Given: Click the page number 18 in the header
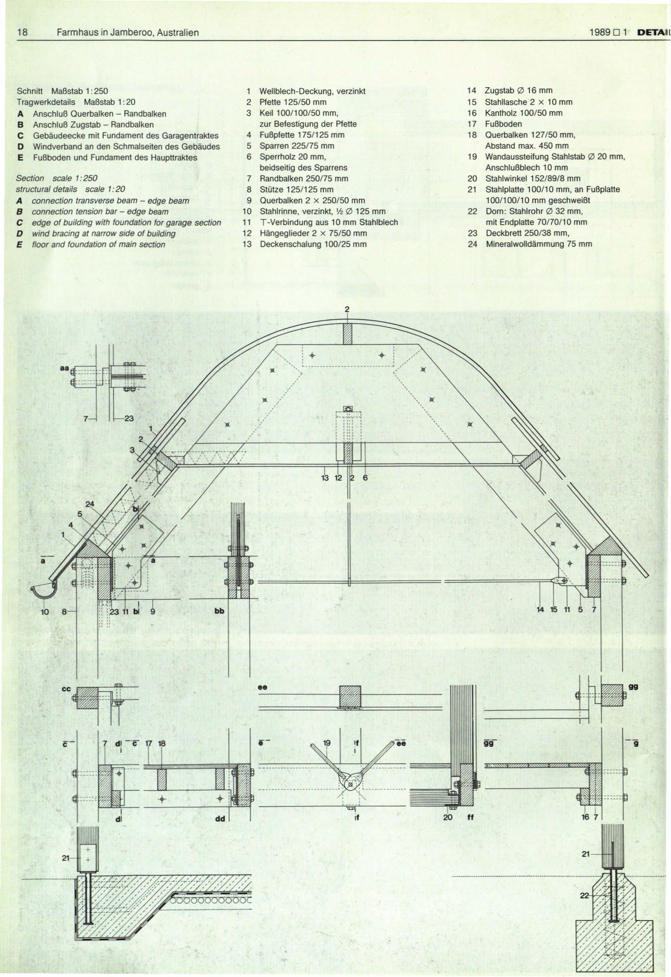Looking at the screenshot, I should (21, 32).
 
